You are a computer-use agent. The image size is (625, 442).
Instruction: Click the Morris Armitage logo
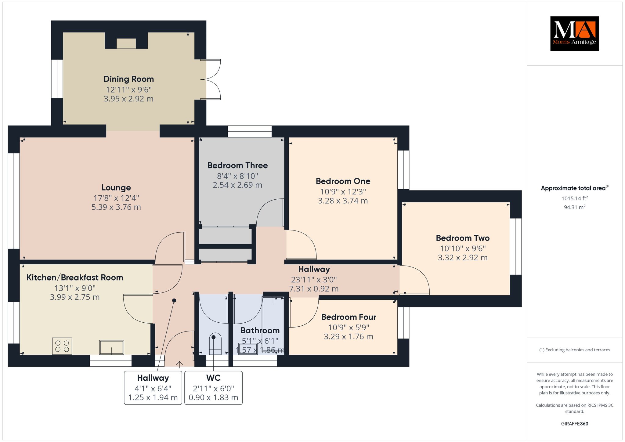coord(574,34)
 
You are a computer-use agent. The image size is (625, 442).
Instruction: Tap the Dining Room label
coord(128,79)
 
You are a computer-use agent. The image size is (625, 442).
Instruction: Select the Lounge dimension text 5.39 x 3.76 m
coord(116,207)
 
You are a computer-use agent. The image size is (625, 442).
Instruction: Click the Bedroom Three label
coord(237,165)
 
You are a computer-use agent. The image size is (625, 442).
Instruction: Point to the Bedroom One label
coord(343,181)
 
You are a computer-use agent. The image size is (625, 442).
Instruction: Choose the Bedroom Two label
coord(463,238)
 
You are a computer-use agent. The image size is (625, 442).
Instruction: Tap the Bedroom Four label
coord(349,317)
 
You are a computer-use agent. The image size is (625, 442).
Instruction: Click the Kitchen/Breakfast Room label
coord(75,278)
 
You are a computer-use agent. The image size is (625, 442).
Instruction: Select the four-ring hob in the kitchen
coord(62,346)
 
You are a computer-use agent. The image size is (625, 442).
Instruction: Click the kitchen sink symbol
coord(111,347)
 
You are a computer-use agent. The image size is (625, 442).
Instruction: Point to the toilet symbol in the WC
coord(215,344)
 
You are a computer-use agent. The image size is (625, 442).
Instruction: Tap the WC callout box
coord(213,388)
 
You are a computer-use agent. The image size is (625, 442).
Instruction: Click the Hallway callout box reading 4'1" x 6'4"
coord(153,388)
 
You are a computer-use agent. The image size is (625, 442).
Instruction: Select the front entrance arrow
coord(179,364)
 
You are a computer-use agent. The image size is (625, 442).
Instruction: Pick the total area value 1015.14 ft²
coord(575,198)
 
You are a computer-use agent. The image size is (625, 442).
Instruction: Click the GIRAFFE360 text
coord(575,424)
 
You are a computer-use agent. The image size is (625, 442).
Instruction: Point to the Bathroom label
coord(260,331)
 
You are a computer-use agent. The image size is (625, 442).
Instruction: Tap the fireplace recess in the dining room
coord(126,44)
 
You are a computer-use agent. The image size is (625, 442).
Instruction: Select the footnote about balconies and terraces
coord(575,350)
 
